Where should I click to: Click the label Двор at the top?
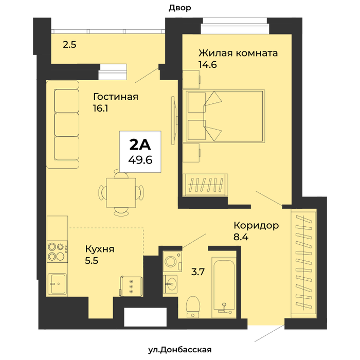(180, 8)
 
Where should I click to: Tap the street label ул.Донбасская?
(180, 350)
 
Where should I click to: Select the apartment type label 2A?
(140, 145)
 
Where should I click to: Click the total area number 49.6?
(140, 159)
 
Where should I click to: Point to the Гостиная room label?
(116, 97)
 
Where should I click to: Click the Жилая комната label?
(238, 53)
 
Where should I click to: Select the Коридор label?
(256, 226)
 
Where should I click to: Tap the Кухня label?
(100, 249)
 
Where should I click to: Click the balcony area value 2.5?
(69, 45)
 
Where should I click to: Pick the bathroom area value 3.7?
(198, 272)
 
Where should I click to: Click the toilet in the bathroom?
(193, 307)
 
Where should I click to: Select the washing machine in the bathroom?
(172, 261)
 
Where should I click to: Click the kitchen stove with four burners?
(58, 251)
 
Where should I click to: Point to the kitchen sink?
(57, 284)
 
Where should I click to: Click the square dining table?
(121, 193)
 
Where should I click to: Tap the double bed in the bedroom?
(224, 116)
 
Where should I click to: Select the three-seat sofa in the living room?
(63, 124)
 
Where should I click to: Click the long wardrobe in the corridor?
(304, 263)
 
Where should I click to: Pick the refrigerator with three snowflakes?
(131, 286)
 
